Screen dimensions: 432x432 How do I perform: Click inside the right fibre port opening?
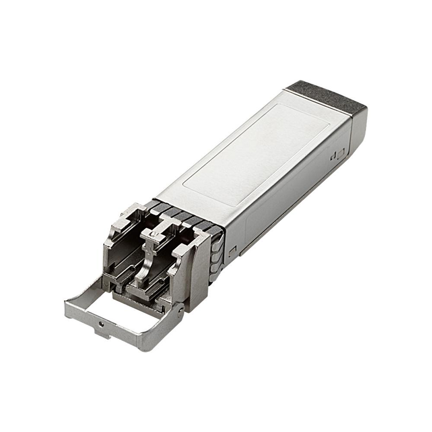[159, 273]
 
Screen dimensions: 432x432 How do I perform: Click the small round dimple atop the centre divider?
[154, 234]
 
